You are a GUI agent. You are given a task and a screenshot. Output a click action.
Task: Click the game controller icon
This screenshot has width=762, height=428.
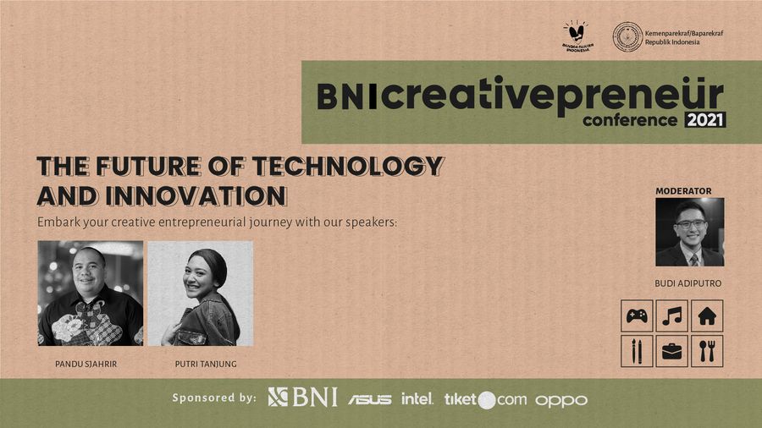pyautogui.click(x=637, y=316)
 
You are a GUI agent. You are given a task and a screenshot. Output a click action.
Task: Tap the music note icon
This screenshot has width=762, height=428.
pyautogui.click(x=671, y=316)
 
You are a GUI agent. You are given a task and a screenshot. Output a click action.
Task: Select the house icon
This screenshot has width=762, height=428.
pyautogui.click(x=707, y=316)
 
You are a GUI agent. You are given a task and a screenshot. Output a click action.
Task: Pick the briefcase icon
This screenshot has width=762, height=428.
pyautogui.click(x=671, y=351)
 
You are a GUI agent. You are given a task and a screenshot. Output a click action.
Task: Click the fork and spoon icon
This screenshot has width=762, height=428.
pyautogui.click(x=707, y=351)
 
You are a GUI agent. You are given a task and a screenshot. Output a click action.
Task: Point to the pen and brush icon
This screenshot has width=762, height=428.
pyautogui.click(x=637, y=351)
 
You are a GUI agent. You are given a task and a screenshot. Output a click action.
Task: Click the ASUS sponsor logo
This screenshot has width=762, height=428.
pyautogui.click(x=369, y=398)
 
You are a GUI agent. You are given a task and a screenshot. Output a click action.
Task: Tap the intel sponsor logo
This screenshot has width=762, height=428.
pyautogui.click(x=417, y=398)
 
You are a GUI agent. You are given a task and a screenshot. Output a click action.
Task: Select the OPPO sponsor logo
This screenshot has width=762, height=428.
pyautogui.click(x=560, y=399)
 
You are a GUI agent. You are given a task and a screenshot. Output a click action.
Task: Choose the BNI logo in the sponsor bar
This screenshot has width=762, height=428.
pyautogui.click(x=302, y=397)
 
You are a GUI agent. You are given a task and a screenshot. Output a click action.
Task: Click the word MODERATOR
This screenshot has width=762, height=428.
pyautogui.click(x=683, y=191)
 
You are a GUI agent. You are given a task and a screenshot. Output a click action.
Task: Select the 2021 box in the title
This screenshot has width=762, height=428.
pyautogui.click(x=705, y=120)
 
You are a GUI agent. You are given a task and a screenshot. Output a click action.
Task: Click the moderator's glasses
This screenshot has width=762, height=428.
pyautogui.click(x=690, y=223)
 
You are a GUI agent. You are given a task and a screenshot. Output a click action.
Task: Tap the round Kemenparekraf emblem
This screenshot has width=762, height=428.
pyautogui.click(x=627, y=36)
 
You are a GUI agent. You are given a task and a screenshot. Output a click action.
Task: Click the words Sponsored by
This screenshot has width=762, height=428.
pyautogui.click(x=213, y=398)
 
